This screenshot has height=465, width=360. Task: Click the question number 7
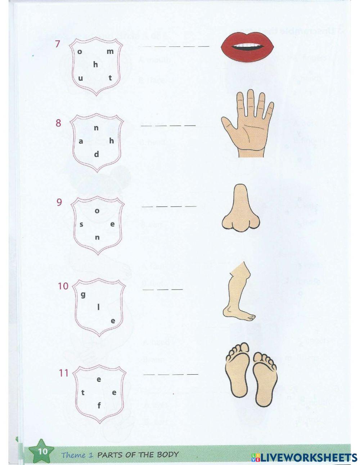pos(57,44)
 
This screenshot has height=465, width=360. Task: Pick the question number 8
pos(58,123)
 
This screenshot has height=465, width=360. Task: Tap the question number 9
pos(59,202)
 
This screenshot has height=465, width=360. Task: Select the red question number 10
pos(63,286)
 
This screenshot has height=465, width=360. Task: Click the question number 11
pos(64,373)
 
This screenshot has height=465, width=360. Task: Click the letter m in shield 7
pos(110,51)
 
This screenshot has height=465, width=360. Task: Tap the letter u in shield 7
pos(81,78)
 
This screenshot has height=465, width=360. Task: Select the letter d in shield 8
pos(96,154)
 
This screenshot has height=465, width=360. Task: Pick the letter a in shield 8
pos(81,142)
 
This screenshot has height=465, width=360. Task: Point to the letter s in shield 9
pos(81,224)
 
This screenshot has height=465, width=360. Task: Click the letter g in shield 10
pos(83,295)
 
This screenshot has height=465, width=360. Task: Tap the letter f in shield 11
pos(99,406)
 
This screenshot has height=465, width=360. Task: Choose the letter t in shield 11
pos(83,393)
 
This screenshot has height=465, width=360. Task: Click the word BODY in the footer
pos(167,454)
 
